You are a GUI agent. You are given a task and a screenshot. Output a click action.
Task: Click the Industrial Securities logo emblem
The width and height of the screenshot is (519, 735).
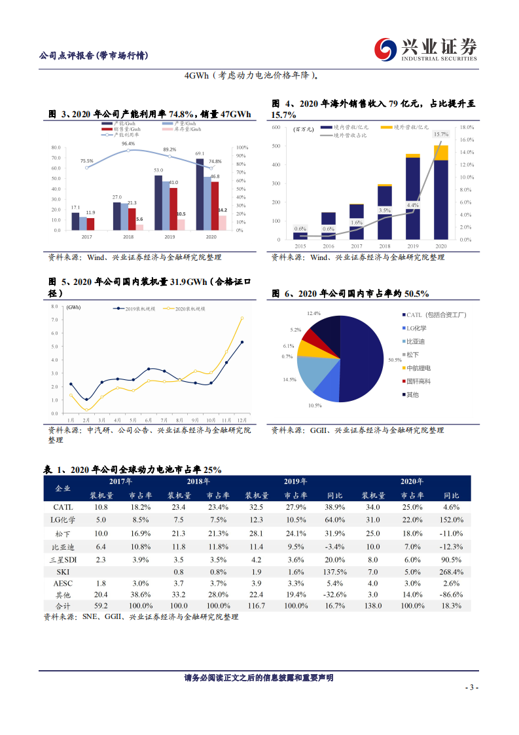385,48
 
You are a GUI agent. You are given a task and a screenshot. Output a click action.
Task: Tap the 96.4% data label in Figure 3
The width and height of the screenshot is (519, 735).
128,143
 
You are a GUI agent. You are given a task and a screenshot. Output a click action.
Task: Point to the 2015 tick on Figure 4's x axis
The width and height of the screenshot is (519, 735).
300,246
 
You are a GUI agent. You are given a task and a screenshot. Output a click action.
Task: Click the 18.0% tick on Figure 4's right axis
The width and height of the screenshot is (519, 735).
465,127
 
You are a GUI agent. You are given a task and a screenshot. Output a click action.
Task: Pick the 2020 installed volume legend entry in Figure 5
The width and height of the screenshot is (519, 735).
185,307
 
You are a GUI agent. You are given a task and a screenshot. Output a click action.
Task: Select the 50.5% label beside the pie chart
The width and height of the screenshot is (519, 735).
394,360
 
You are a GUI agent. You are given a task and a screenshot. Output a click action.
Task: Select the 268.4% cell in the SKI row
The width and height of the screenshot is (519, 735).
452,571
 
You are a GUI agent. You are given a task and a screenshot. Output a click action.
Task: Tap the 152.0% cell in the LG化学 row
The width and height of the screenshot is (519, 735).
452,520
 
